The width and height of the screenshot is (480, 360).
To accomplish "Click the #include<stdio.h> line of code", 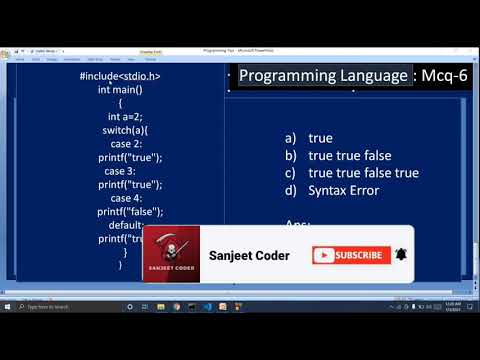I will click(x=120, y=76).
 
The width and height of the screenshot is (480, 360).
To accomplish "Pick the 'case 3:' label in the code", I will click(x=124, y=171).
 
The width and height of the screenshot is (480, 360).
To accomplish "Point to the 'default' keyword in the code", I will click(x=125, y=225).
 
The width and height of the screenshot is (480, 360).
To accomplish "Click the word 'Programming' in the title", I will click(x=292, y=76).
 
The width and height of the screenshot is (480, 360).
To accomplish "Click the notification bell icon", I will click(x=402, y=254).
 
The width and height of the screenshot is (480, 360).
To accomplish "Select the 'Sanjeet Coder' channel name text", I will click(x=249, y=255).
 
